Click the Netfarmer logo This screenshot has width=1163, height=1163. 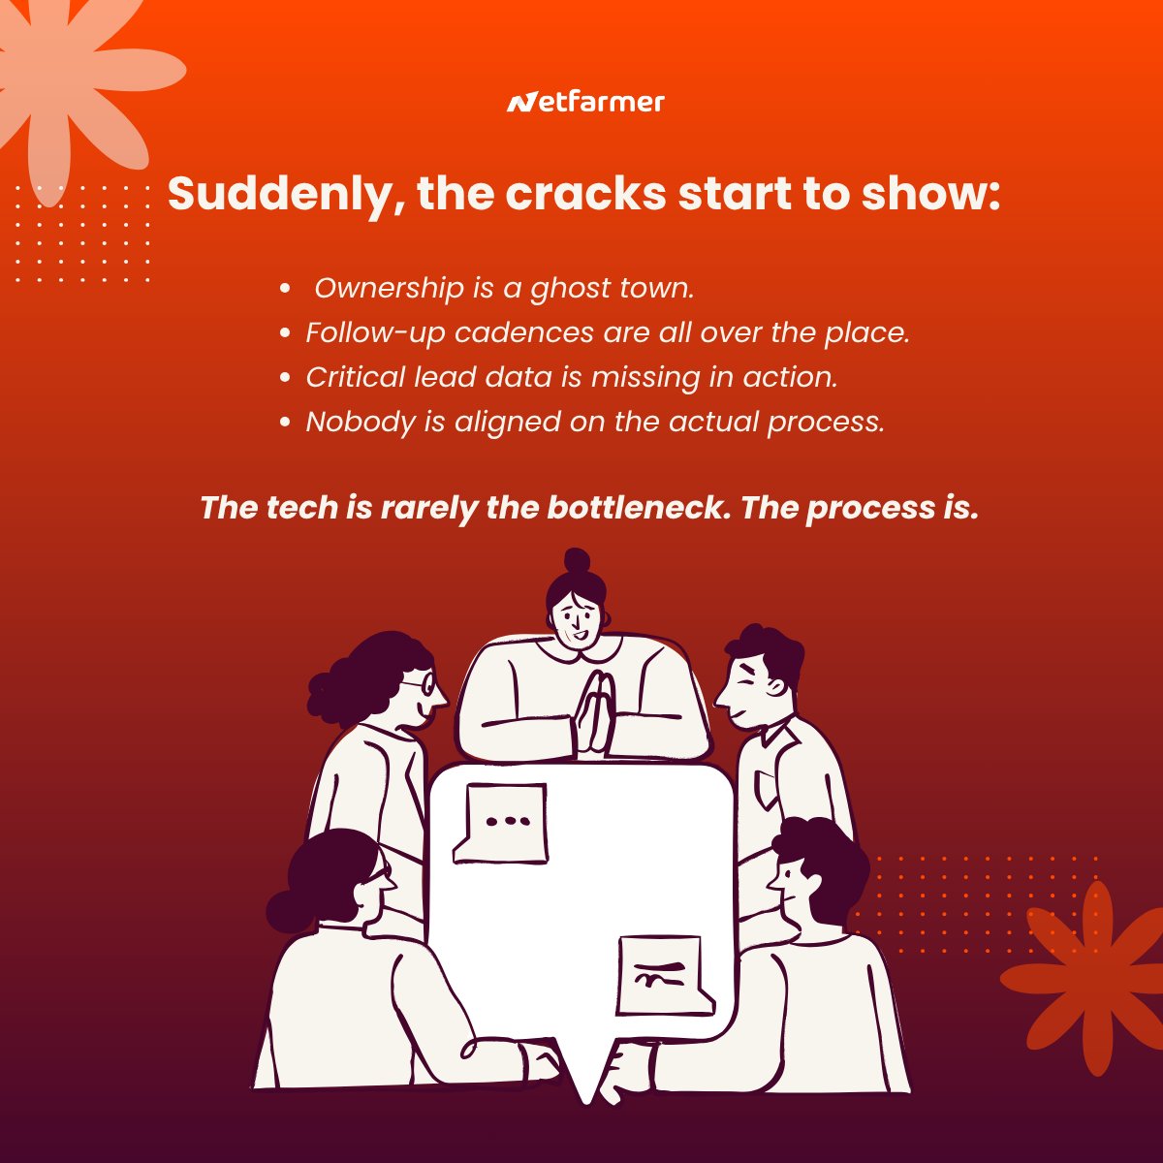click(x=585, y=102)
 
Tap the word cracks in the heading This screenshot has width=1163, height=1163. click(x=585, y=194)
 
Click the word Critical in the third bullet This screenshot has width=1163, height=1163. click(x=356, y=377)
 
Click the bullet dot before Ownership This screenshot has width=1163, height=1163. click(x=285, y=288)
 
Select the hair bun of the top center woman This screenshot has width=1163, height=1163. click(x=577, y=561)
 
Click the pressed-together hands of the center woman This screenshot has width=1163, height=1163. click(x=594, y=712)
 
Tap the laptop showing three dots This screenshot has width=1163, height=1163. click(x=501, y=823)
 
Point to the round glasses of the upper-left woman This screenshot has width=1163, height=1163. click(x=423, y=684)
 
